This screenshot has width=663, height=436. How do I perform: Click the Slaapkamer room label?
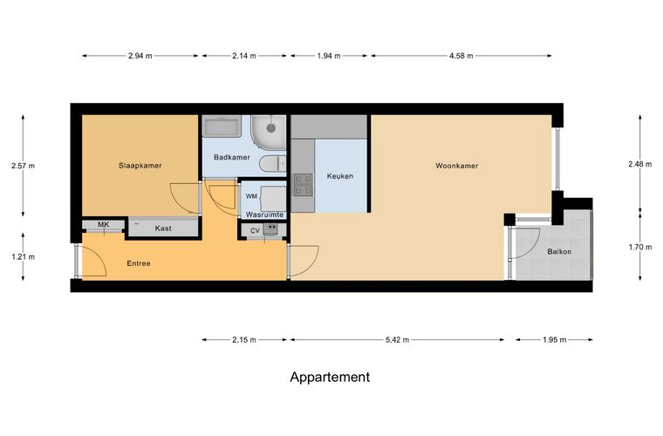(140, 166)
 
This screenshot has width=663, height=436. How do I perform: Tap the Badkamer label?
(232, 157)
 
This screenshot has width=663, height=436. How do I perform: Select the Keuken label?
(340, 176)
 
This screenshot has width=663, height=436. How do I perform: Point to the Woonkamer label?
(456, 166)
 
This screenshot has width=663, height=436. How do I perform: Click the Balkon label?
(559, 251)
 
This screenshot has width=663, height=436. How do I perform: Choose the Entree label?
(139, 263)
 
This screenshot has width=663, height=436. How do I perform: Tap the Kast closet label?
(163, 228)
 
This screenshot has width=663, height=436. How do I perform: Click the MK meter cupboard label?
(104, 224)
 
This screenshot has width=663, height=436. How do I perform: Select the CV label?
(255, 231)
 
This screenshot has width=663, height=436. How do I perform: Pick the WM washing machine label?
(251, 196)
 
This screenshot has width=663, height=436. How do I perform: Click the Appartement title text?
(330, 377)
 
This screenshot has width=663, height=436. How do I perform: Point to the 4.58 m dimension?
(461, 55)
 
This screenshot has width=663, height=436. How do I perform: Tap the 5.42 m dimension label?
(397, 339)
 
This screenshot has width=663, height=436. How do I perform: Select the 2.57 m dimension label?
(24, 166)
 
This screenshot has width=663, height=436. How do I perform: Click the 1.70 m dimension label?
(640, 247)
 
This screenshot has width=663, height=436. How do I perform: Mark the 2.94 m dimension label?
(140, 55)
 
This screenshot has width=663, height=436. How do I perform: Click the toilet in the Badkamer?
(272, 164)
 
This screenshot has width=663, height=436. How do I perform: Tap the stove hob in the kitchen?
(304, 185)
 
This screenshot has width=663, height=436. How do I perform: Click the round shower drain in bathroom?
(271, 127)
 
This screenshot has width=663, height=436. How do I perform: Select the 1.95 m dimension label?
(554, 339)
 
